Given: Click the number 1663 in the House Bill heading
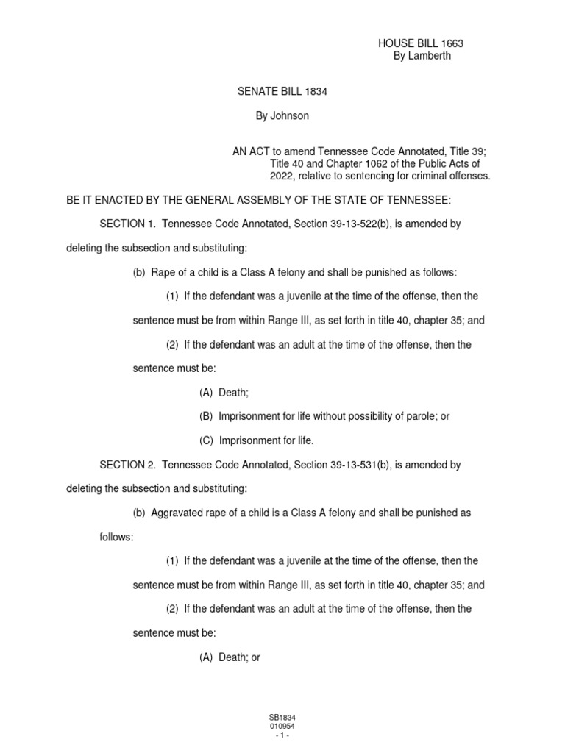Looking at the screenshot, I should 452,44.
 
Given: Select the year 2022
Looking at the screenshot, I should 282,176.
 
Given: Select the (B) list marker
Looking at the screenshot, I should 206,416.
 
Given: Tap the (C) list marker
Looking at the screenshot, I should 206,440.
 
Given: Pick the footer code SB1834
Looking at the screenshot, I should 282,717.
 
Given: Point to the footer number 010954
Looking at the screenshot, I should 282,726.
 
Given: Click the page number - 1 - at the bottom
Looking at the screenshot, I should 282,735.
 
